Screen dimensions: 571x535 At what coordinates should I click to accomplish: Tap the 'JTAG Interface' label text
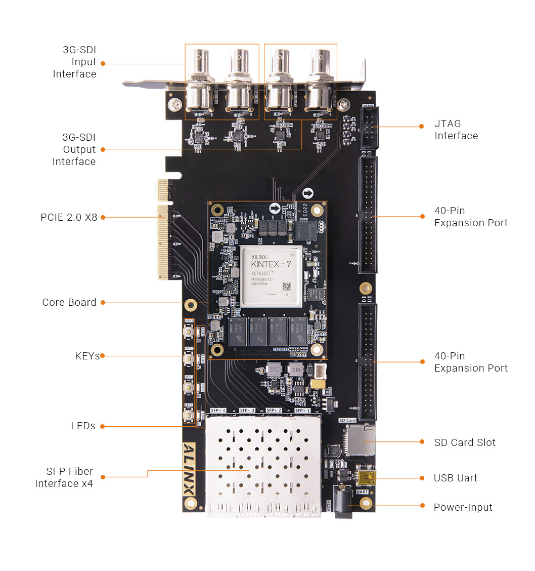(456, 130)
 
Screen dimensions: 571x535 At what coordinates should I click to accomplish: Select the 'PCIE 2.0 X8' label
(69, 217)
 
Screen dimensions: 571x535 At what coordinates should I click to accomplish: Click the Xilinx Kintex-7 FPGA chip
(272, 276)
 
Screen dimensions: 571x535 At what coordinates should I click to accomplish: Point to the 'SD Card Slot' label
(465, 442)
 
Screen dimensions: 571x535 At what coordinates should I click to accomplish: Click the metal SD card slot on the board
(361, 440)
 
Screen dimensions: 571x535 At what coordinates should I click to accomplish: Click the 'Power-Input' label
(463, 507)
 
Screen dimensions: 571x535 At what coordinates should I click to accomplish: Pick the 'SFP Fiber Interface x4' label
(64, 477)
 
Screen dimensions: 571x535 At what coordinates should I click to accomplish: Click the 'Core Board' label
(69, 302)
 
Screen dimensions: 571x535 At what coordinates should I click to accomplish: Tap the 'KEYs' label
(87, 356)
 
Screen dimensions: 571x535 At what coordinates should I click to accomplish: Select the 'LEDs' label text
(83, 426)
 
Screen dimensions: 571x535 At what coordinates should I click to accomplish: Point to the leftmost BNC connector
(199, 81)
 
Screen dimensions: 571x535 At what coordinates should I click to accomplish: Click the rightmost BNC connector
(321, 81)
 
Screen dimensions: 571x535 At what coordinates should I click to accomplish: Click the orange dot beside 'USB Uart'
(422, 478)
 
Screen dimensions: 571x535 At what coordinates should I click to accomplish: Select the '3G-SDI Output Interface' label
(74, 149)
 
